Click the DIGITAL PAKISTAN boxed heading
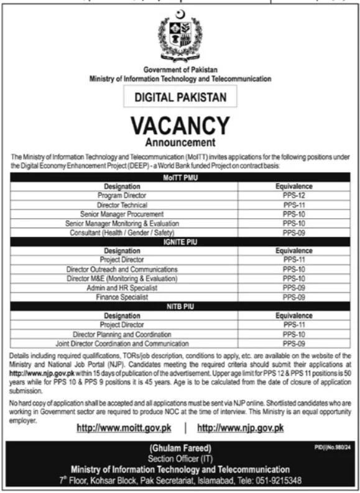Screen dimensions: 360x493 click(180, 97)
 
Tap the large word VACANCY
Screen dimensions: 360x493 click(180, 126)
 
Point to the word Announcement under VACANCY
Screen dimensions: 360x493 click(180, 144)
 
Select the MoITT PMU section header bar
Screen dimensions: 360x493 click(180, 178)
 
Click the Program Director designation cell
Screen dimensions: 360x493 click(122, 195)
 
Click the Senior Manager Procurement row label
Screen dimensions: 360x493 click(122, 213)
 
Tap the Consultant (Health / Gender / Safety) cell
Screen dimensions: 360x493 click(122, 231)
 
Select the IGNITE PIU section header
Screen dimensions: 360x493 click(180, 241)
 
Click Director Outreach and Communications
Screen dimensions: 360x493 click(122, 269)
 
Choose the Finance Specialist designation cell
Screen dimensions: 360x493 click(122, 298)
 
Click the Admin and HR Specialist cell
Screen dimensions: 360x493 click(122, 288)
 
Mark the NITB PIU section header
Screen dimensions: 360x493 click(180, 307)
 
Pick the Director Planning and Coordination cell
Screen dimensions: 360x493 click(122, 334)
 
